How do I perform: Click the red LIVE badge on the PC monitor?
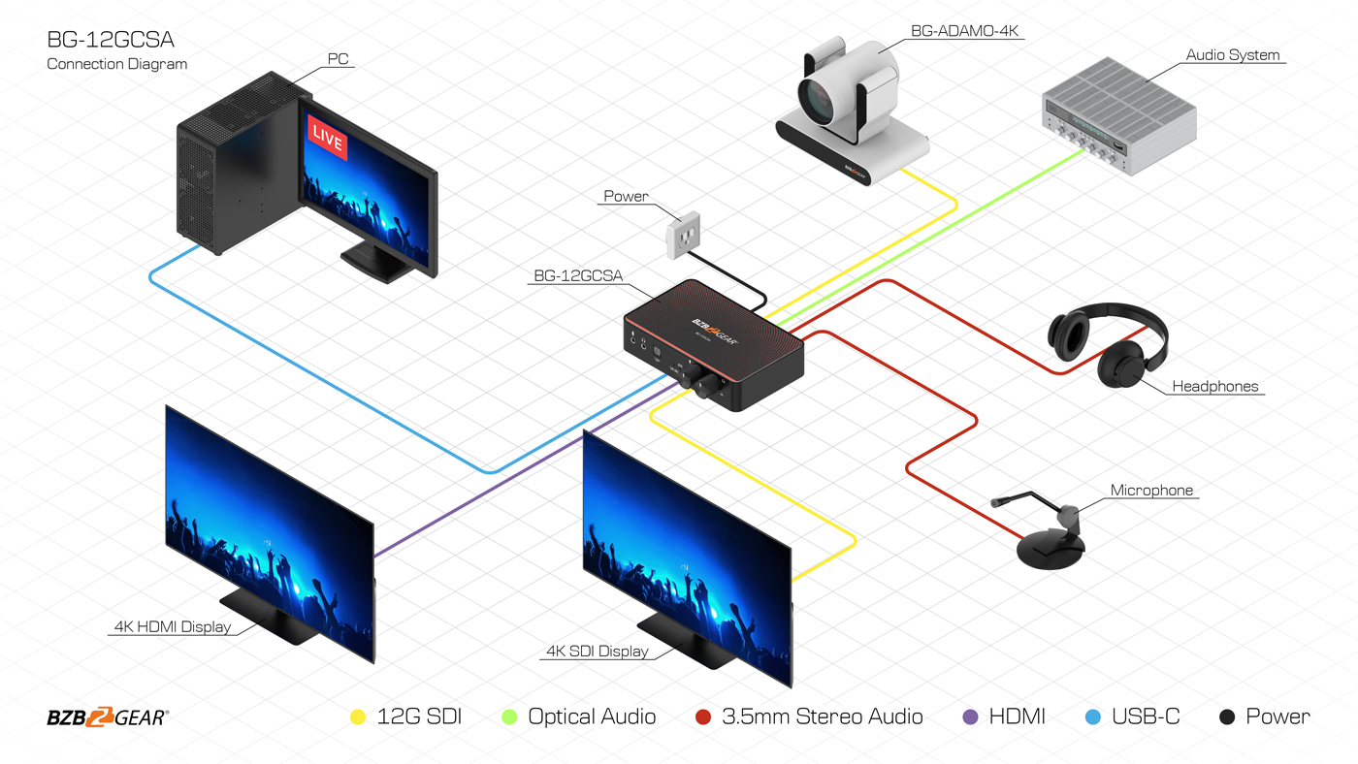(327, 140)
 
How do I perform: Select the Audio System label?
(1233, 55)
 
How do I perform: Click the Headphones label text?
(1214, 386)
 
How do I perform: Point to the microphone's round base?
(1051, 550)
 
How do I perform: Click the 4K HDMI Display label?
(173, 626)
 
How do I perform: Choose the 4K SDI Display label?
(598, 651)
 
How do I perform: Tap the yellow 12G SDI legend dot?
(357, 717)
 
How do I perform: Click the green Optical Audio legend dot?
(508, 717)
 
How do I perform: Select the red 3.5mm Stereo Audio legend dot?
(704, 717)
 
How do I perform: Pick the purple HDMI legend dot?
(970, 717)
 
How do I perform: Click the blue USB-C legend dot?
(1093, 717)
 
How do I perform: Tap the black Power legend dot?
(1227, 717)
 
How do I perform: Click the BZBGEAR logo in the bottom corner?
(108, 717)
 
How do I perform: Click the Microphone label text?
(1151, 491)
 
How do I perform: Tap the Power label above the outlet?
(626, 196)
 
